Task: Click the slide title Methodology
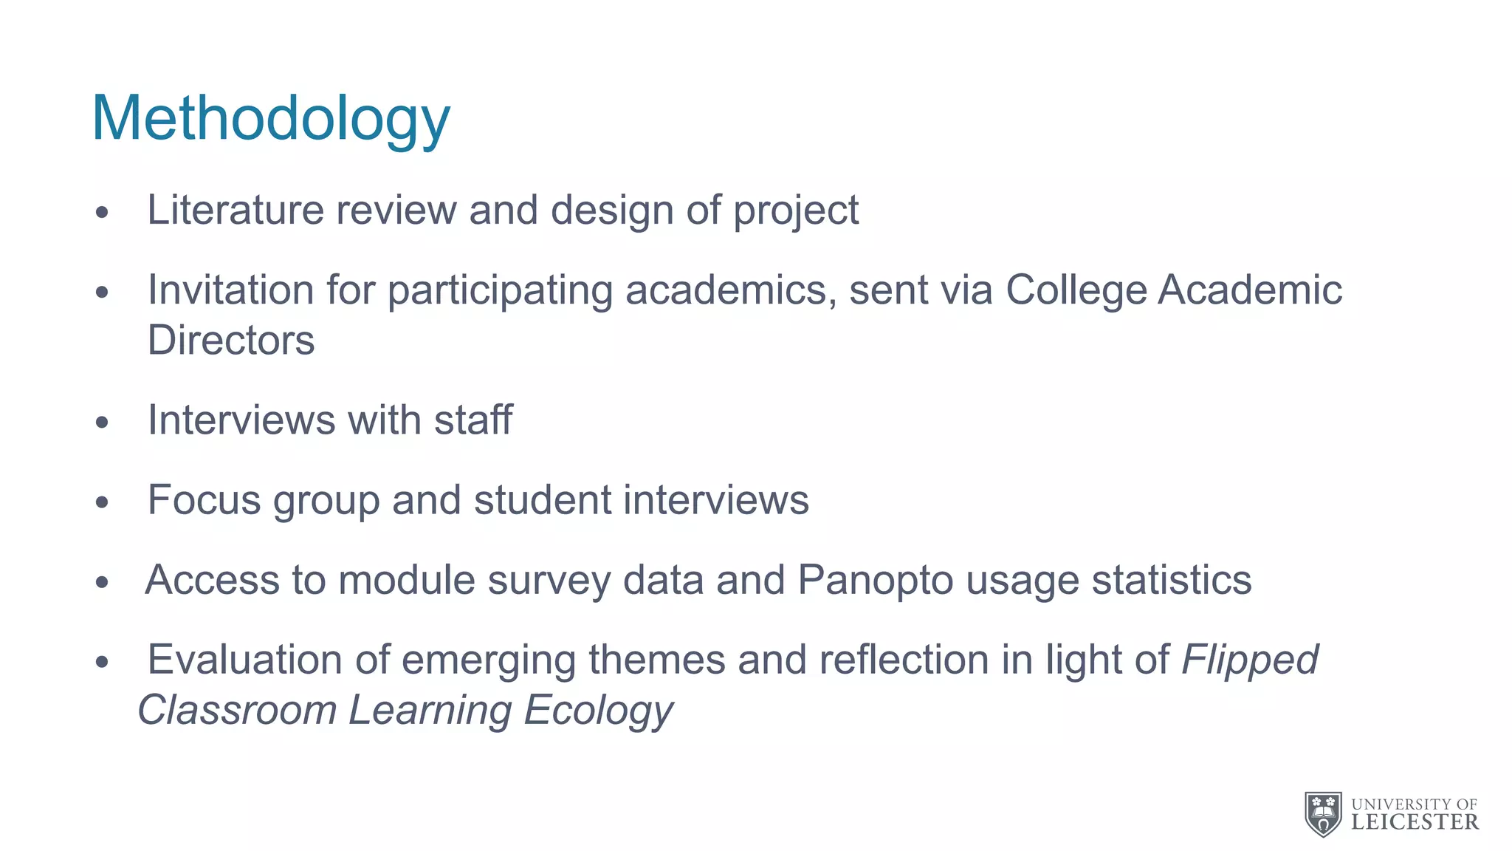coord(270,120)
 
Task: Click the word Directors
coord(231,341)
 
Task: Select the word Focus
coord(205,500)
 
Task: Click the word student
coord(543,500)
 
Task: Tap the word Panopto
coord(876,581)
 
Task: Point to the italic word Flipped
coord(1250,660)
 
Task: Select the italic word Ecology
coord(598,711)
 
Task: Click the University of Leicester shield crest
coord(1324,814)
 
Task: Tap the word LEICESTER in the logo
coord(1415,822)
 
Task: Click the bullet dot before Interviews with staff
coord(102,423)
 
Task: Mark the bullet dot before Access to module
coord(102,582)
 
